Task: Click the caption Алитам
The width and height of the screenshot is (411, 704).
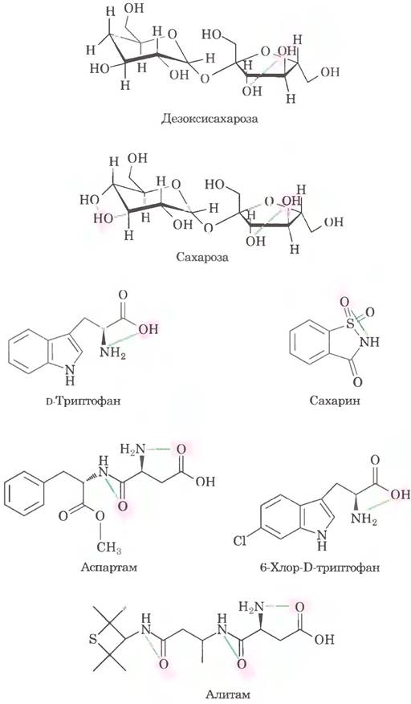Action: tap(228, 695)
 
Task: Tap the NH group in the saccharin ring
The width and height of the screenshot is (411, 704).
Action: tap(370, 343)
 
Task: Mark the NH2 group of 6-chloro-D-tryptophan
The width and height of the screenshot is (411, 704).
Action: tap(363, 519)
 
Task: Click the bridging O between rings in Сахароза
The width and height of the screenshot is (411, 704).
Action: tap(208, 228)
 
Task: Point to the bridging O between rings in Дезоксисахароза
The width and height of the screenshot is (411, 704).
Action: tap(205, 79)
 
